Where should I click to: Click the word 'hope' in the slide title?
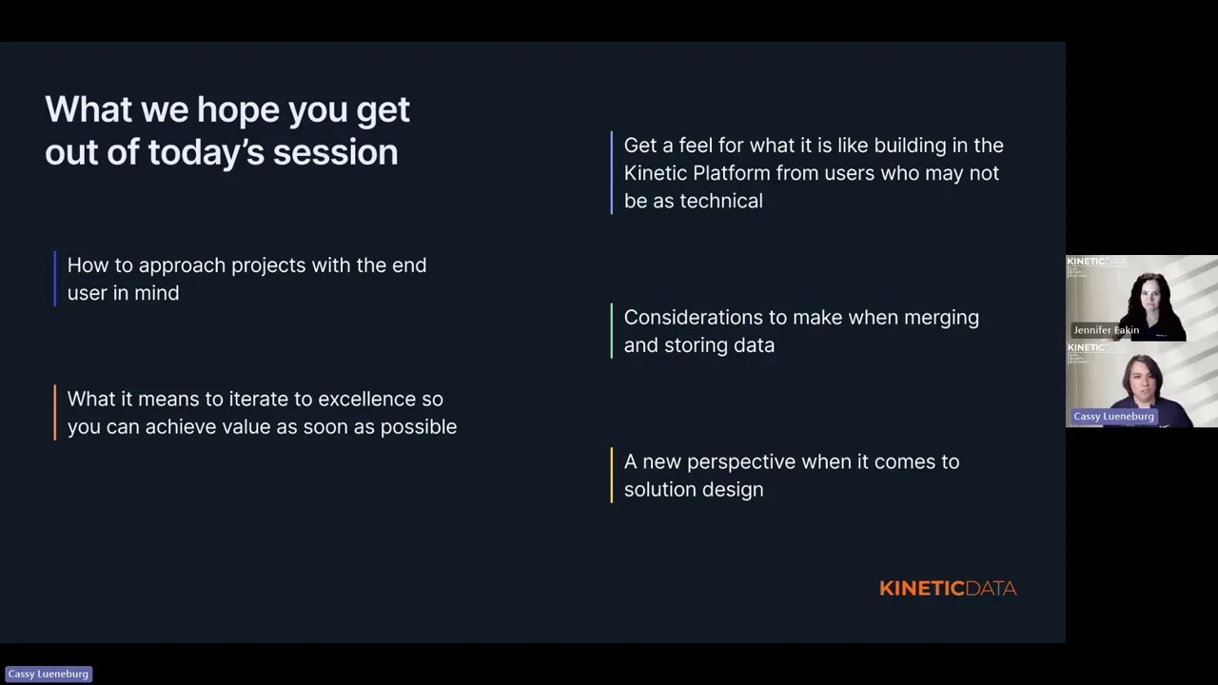coord(238,111)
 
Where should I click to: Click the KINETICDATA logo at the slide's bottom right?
coord(948,588)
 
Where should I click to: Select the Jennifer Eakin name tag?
coord(1106,330)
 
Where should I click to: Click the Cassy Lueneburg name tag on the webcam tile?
coord(1113,417)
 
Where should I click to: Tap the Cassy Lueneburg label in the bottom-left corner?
coord(49,674)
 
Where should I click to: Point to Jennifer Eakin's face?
coord(1151,298)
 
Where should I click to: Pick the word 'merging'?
coord(941,319)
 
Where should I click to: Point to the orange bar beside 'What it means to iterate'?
coord(55,413)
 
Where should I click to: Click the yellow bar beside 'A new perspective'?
coord(612,475)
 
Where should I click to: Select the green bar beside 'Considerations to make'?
coord(612,331)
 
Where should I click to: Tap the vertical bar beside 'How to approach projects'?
coord(55,279)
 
